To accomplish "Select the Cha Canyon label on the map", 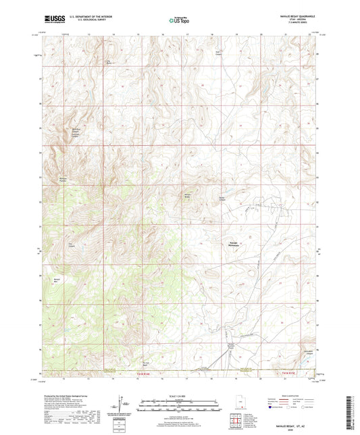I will (70, 245).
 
